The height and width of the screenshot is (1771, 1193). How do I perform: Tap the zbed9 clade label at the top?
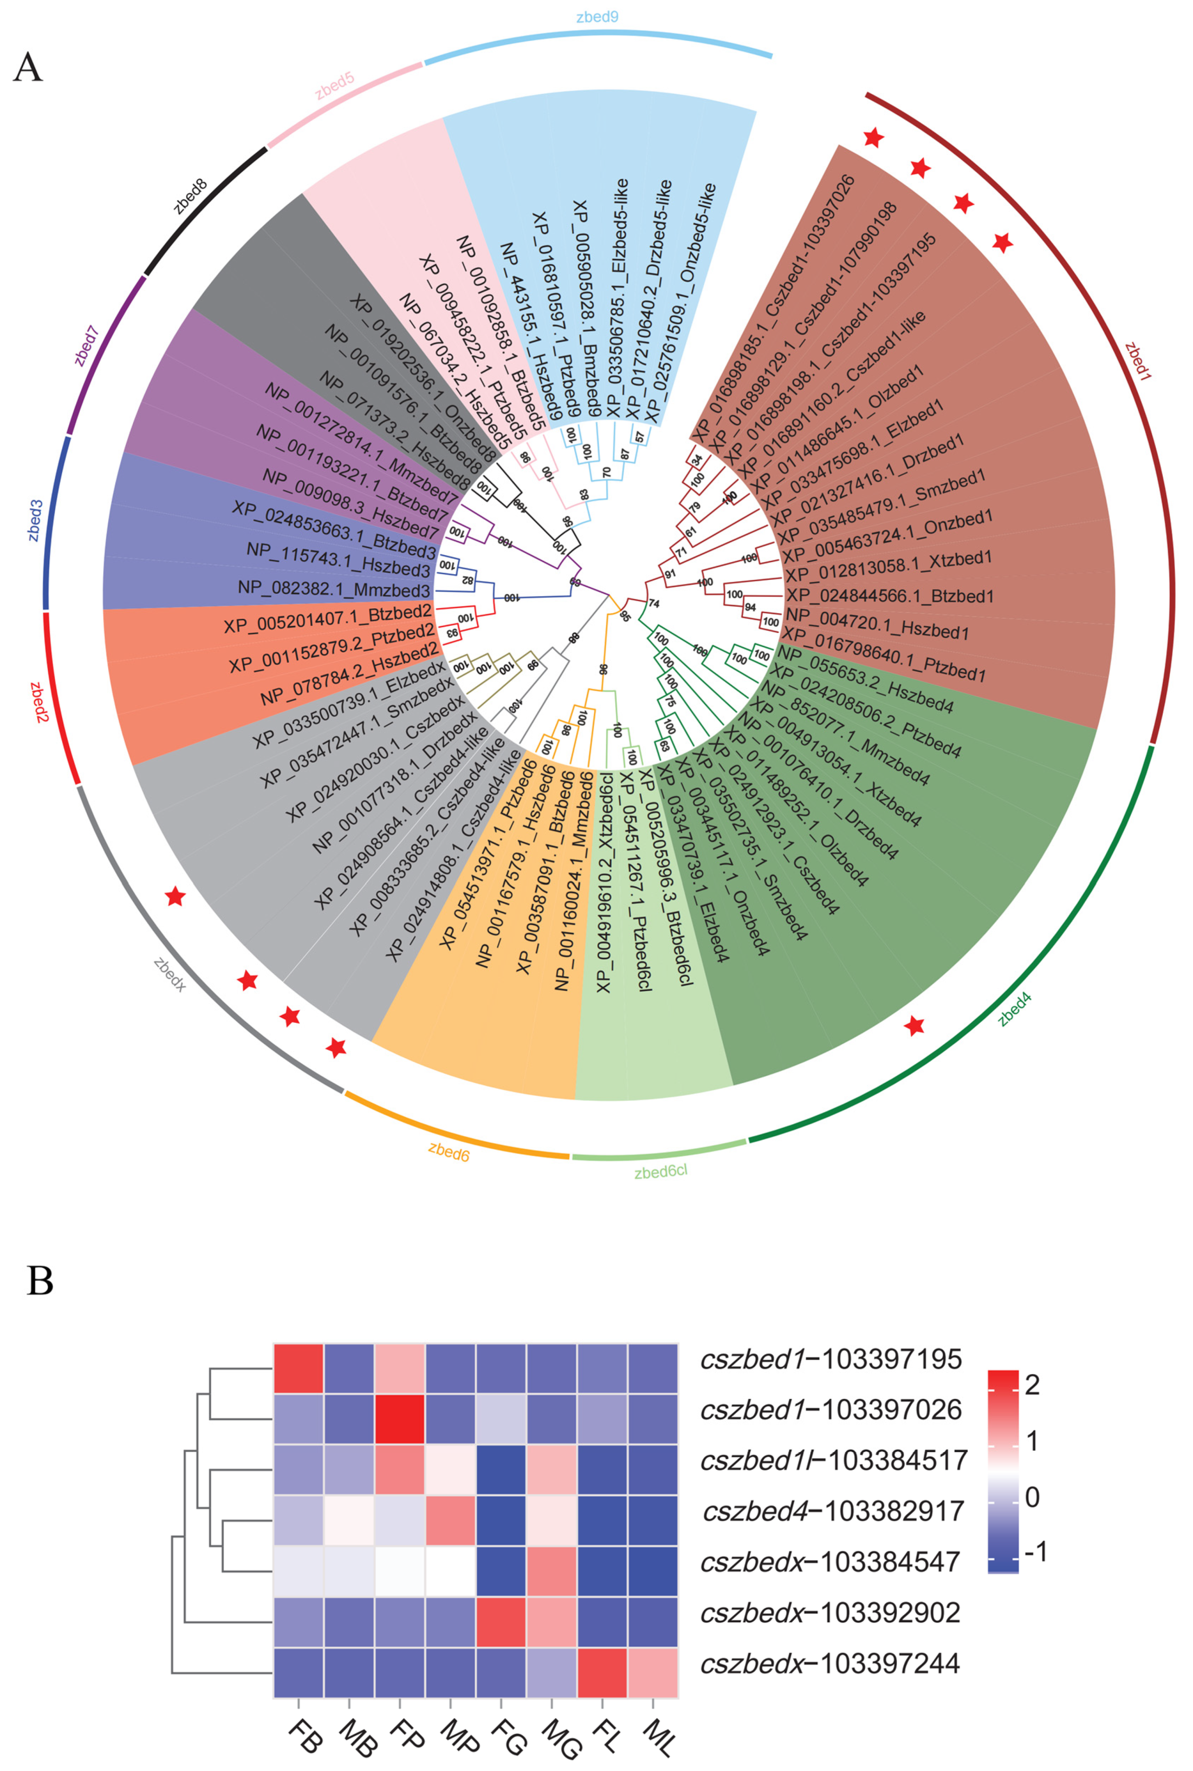pos(597,17)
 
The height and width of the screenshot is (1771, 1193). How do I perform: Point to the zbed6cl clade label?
pos(660,1171)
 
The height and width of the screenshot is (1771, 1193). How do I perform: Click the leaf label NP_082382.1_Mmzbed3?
pos(334,589)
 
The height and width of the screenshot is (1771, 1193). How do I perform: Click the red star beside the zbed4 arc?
pos(915,1026)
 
